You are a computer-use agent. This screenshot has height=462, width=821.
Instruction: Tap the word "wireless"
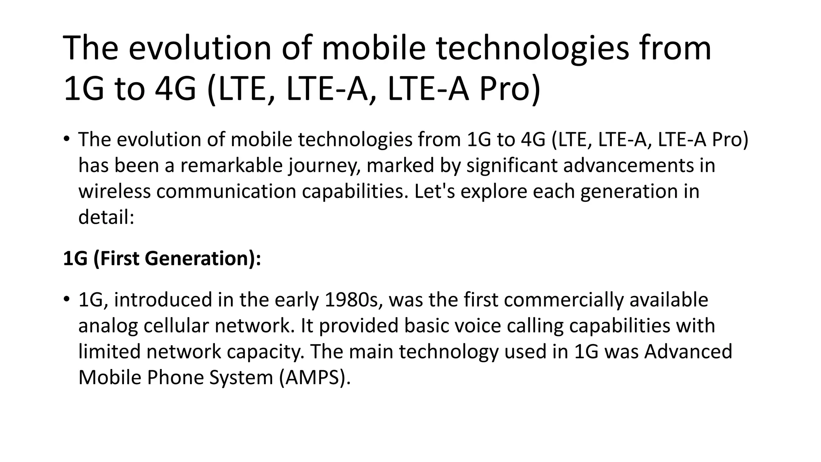[x=114, y=191]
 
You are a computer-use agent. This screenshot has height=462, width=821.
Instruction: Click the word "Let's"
[x=435, y=191]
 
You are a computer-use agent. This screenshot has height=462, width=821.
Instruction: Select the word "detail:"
[x=106, y=217]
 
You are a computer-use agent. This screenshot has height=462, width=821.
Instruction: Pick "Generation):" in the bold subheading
[x=203, y=258]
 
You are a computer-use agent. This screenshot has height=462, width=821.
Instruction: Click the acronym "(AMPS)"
[x=315, y=378]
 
